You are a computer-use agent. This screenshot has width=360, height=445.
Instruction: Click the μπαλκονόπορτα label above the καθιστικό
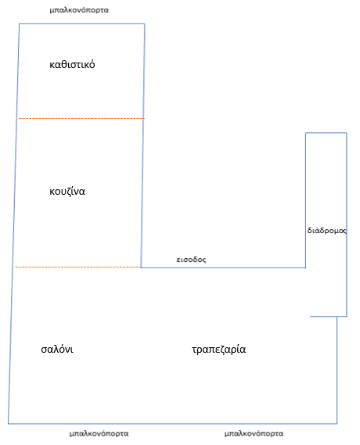79,10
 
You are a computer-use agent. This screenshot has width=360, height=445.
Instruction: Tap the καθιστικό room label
72,64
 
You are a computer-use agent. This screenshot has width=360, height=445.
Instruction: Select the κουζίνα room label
67,192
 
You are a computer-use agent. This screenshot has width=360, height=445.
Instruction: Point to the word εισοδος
191,260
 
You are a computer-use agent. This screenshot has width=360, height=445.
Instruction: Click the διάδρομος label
327,230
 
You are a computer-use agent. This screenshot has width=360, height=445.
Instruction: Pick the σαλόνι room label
57,349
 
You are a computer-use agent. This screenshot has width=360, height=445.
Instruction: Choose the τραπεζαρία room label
218,350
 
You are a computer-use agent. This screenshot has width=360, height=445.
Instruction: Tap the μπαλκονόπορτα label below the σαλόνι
99,433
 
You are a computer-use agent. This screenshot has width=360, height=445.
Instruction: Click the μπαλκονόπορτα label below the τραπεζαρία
254,433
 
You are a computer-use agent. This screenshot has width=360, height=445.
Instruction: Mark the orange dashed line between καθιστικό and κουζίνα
81,118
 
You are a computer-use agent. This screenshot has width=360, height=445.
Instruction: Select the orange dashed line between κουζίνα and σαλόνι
77,267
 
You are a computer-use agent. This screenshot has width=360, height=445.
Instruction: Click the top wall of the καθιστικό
81,23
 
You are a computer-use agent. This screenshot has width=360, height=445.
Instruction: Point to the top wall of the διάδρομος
326,132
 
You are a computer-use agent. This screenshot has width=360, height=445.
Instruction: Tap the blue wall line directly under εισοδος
223,267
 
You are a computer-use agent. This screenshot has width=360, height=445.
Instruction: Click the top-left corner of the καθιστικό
19,23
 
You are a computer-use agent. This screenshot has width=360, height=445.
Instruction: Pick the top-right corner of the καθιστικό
145,23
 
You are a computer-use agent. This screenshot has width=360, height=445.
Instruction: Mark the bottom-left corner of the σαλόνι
9,424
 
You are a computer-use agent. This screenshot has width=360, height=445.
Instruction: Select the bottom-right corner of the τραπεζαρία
337,424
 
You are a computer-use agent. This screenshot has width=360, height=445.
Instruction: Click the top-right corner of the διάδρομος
347,132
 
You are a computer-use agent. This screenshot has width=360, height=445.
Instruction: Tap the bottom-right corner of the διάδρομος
347,316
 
